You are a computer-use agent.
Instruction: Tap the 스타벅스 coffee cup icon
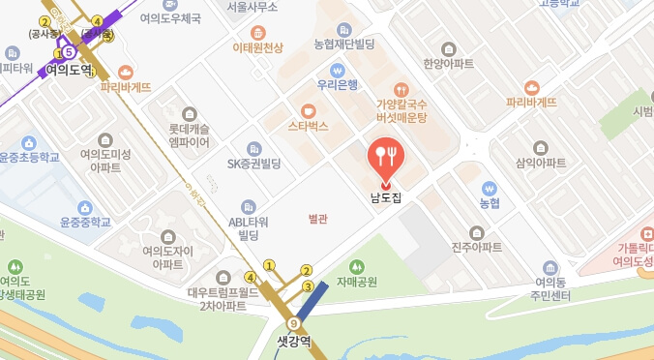click(308, 110)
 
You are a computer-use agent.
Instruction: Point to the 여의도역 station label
click(69, 70)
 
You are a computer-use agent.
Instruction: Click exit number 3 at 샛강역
click(308, 286)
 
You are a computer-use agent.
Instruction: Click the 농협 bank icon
click(489, 189)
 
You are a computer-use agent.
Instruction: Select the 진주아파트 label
click(477, 247)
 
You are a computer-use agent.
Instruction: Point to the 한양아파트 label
click(448, 64)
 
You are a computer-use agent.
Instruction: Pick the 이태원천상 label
click(258, 47)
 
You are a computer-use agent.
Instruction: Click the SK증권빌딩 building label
click(253, 164)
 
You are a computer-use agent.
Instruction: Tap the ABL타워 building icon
click(249, 206)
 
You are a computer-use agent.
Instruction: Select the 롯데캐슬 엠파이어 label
click(189, 135)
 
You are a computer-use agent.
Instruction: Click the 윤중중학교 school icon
click(85, 207)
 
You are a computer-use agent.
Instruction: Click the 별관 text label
click(317, 219)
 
